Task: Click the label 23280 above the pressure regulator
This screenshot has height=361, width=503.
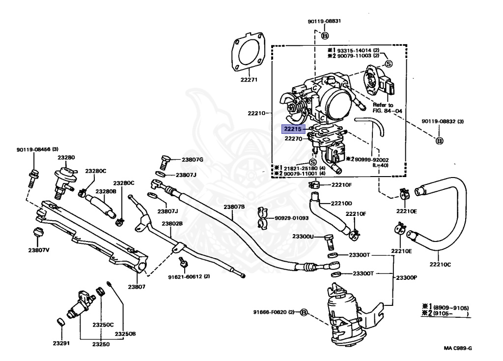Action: [66, 157]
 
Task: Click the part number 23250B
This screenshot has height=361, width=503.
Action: [125, 334]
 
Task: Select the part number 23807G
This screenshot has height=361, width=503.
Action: [192, 159]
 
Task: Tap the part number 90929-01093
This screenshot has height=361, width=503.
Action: [292, 218]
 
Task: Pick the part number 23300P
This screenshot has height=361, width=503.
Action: [406, 277]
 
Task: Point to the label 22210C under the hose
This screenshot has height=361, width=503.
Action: [440, 264]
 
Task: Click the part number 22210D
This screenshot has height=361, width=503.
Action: [341, 203]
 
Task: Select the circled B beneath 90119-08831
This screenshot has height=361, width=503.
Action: [325, 35]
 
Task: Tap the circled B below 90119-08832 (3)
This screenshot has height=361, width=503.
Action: [440, 141]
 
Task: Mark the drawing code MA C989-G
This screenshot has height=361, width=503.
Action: [457, 349]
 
